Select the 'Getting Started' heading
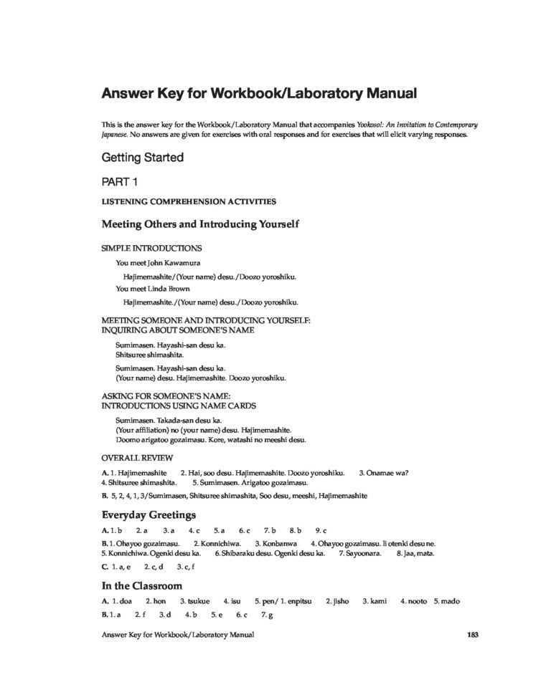tap(143, 157)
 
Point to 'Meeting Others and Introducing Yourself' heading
tap(200, 225)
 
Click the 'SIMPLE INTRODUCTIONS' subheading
tap(151, 249)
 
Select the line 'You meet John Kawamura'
tap(154, 263)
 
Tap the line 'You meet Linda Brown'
tap(149, 289)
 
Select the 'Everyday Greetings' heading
tap(149, 514)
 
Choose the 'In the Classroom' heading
tap(141, 585)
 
